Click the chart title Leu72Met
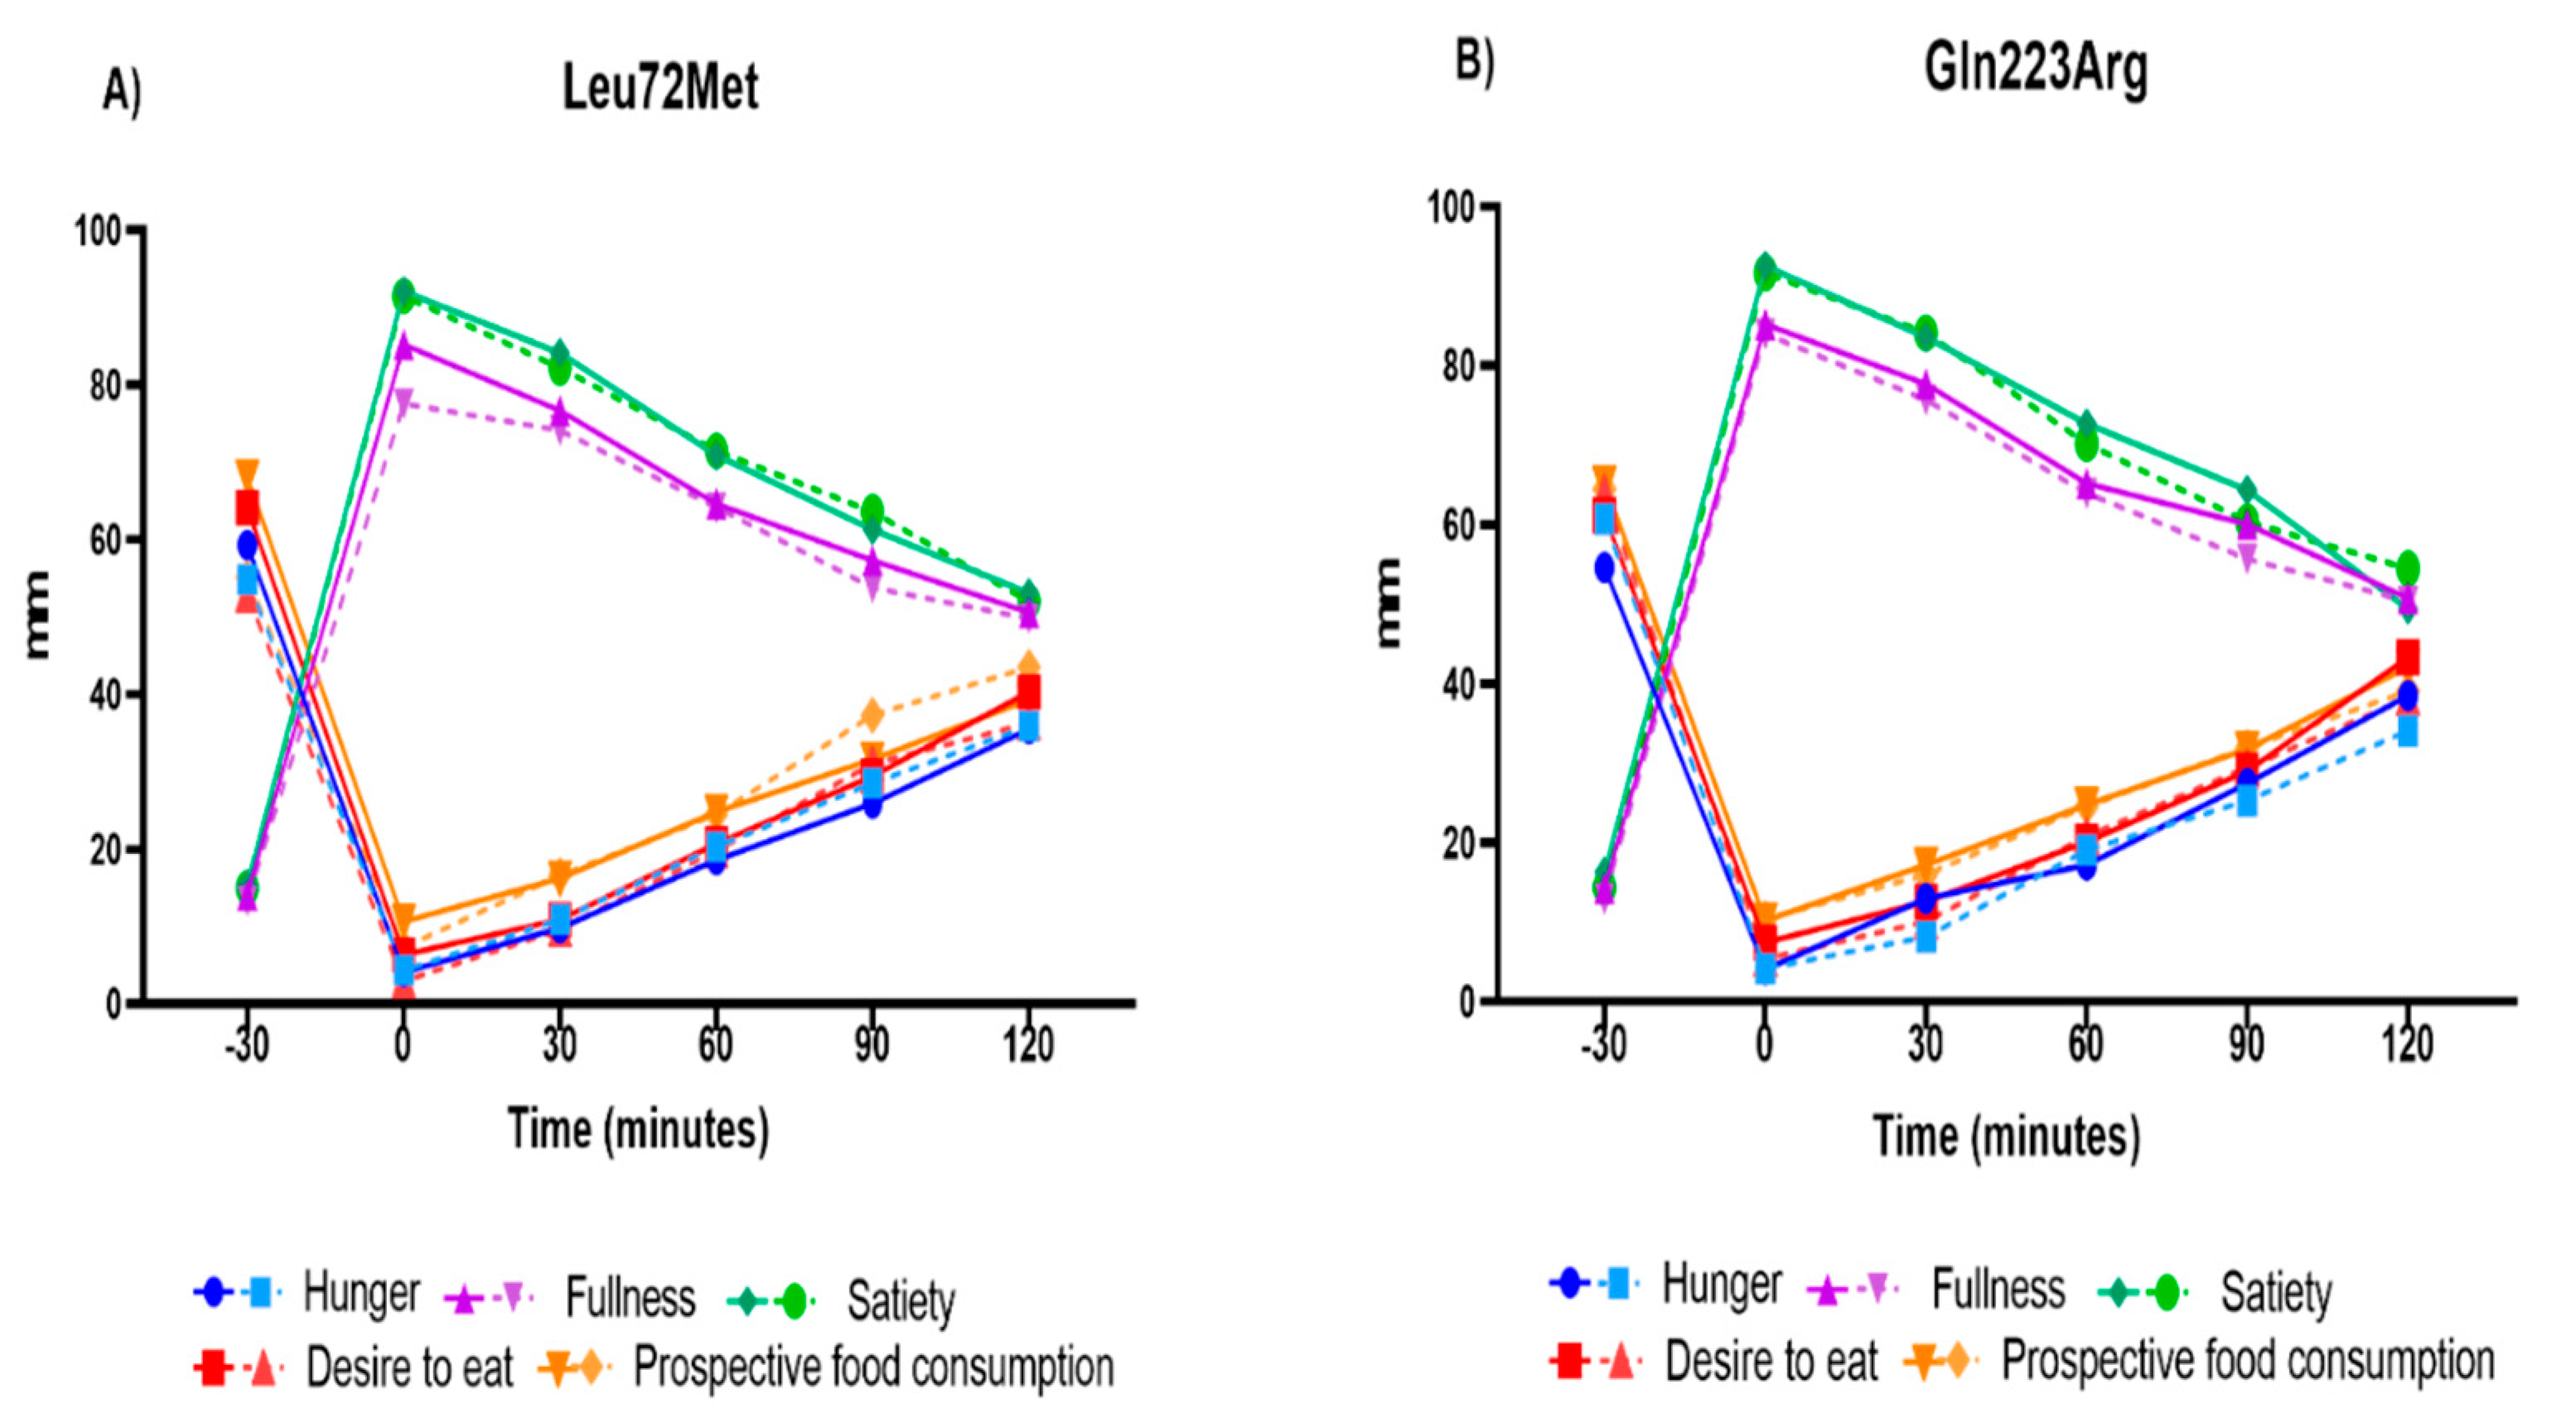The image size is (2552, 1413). [x=660, y=87]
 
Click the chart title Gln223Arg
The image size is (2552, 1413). [x=2035, y=70]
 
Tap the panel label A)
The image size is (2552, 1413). [x=122, y=93]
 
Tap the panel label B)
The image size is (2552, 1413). [x=1474, y=61]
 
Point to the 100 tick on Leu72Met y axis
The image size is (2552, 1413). [x=97, y=231]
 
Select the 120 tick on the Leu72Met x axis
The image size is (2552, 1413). [x=1027, y=1044]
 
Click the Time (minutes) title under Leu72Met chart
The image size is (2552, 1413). [x=638, y=1129]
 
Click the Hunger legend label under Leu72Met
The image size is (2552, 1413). [x=361, y=1293]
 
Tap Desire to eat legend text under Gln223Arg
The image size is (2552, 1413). [x=1771, y=1362]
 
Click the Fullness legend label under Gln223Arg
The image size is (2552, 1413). [x=1999, y=1290]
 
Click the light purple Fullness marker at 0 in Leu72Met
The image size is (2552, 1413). [x=404, y=400]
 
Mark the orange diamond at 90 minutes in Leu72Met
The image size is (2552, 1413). [x=872, y=714]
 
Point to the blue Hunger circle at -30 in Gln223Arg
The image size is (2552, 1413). [x=1604, y=568]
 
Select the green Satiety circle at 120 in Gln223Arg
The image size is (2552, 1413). [x=2407, y=568]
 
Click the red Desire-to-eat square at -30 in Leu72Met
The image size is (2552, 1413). [x=247, y=508]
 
